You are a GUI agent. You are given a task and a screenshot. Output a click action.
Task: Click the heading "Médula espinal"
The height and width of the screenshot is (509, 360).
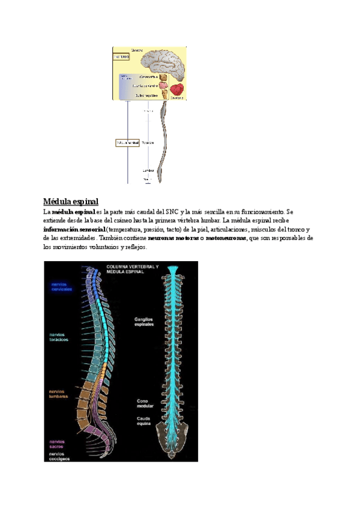click(x=71, y=201)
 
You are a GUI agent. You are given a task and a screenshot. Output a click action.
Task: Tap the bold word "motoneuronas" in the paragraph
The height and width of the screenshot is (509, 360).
click(x=226, y=238)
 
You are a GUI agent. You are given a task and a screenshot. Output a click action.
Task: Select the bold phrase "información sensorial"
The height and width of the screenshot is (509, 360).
click(x=74, y=229)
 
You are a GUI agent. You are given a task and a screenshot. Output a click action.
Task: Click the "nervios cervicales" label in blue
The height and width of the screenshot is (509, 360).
click(x=61, y=286)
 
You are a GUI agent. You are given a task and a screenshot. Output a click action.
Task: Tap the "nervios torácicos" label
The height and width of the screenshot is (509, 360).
click(x=59, y=337)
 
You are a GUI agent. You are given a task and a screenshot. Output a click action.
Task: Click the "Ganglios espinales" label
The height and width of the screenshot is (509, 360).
click(x=144, y=322)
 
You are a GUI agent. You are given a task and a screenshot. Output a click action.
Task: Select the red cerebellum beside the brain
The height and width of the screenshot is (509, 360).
click(x=177, y=89)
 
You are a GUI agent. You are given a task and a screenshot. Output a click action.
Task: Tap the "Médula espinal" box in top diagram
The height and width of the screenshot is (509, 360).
click(x=127, y=143)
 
